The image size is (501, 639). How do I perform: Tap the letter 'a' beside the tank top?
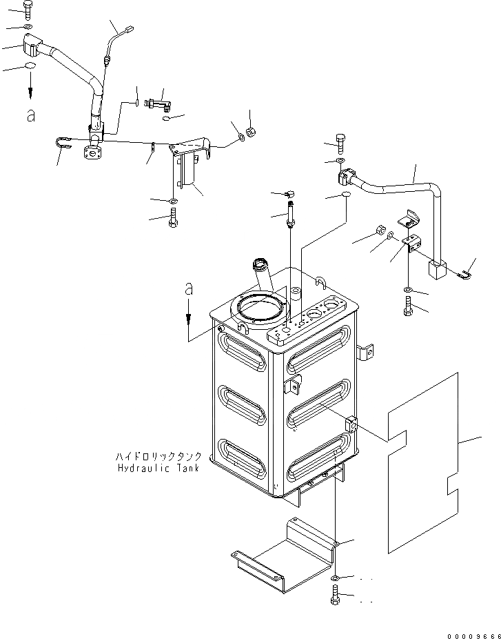[x=187, y=291]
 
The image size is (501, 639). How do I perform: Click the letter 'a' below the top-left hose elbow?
[x=30, y=116]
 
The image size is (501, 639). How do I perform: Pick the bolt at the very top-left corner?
[x=28, y=9]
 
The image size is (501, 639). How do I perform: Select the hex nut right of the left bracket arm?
[x=252, y=132]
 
